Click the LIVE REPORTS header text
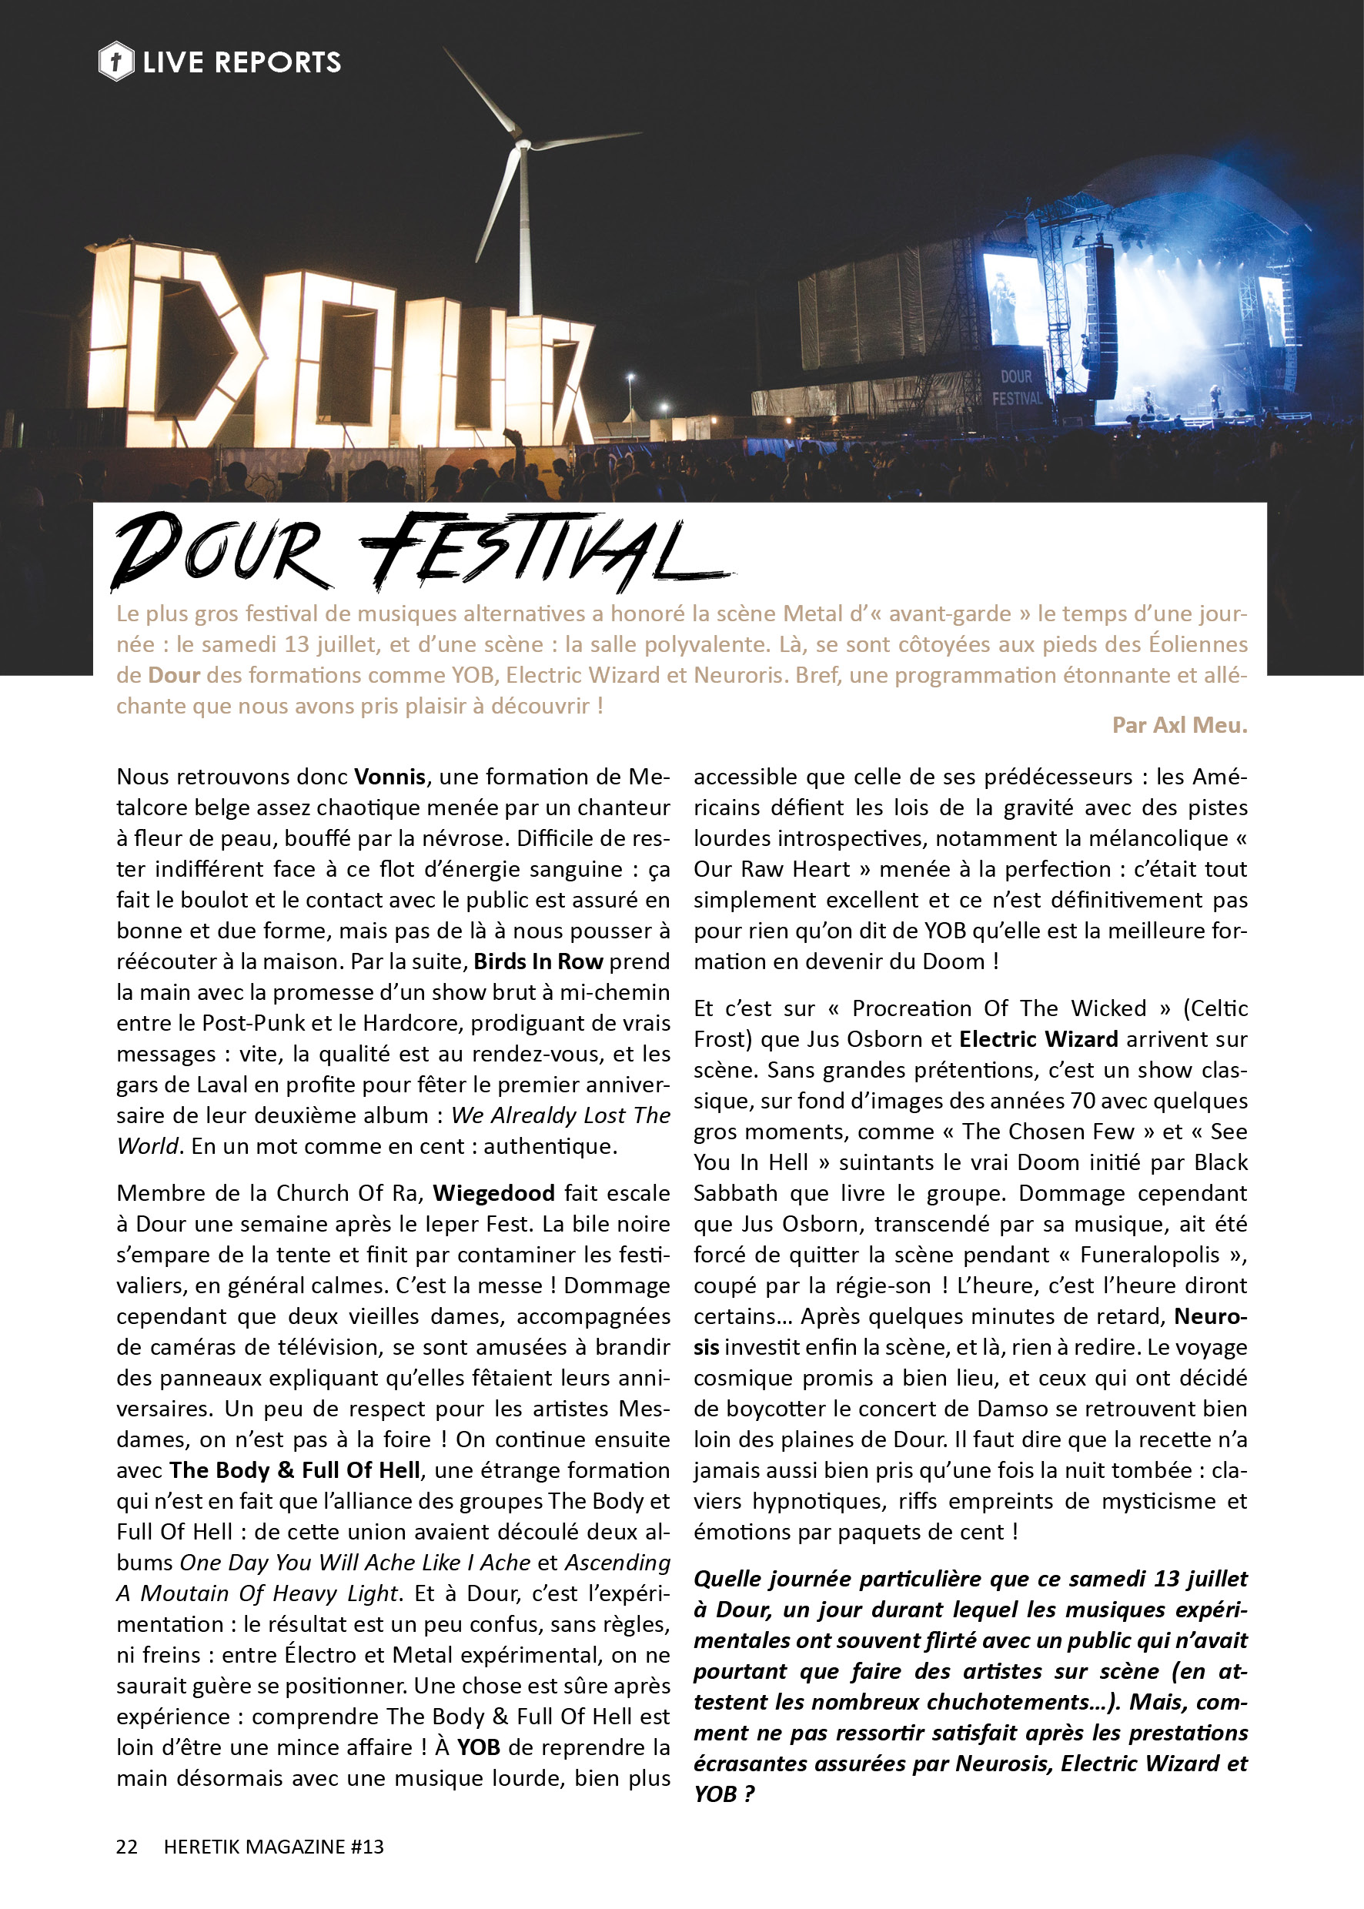(242, 62)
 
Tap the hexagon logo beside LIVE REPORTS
(116, 62)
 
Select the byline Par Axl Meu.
(1179, 725)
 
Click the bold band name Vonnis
(389, 776)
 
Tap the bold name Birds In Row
(538, 961)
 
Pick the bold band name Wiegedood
(494, 1192)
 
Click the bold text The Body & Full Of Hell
(295, 1469)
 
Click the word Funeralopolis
(1149, 1254)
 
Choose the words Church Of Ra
(349, 1192)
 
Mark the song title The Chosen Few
(1049, 1132)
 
